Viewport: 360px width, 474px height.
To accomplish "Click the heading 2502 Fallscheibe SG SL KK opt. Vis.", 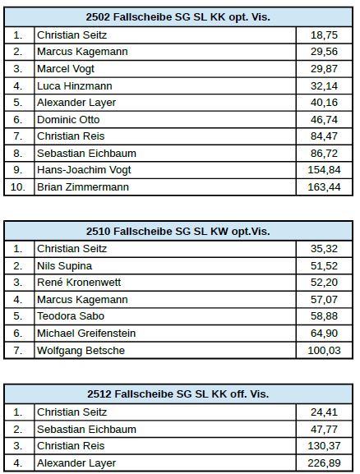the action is [x=178, y=17].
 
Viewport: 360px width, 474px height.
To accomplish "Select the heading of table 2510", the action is [x=178, y=232].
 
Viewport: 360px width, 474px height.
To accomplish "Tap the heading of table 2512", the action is [x=178, y=393].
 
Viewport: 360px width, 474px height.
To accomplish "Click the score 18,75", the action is [x=324, y=35].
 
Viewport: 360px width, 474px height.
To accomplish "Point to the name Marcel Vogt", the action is [x=66, y=69].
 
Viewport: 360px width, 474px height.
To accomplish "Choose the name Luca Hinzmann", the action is [x=75, y=86].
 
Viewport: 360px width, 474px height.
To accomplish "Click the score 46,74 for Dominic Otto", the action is [x=324, y=120].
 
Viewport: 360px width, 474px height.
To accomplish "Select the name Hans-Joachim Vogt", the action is [x=84, y=170].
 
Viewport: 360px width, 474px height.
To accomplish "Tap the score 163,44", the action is [x=324, y=187].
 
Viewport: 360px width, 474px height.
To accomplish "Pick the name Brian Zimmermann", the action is [x=83, y=187].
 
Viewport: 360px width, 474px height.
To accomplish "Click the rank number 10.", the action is [x=18, y=187].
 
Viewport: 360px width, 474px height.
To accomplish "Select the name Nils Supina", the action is [x=64, y=266].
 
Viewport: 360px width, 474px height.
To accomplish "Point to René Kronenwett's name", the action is [x=79, y=283].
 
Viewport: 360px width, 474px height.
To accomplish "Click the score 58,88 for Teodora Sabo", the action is [x=324, y=316].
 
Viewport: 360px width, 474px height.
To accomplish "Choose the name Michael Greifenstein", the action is [x=86, y=334].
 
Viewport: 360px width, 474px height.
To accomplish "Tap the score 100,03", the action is [x=324, y=351].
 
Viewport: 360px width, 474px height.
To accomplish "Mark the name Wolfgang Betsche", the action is [x=81, y=351].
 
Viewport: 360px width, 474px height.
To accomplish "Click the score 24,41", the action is [x=324, y=412].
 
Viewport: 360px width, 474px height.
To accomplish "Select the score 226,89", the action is [x=324, y=463].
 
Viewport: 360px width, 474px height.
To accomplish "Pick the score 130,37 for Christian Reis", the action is [x=324, y=446].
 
